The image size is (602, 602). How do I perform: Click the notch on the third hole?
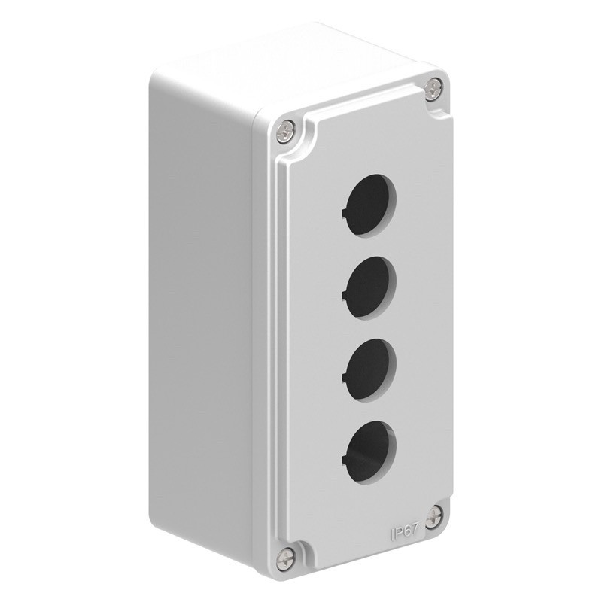[344, 375]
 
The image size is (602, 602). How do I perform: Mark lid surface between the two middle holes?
[367, 323]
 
